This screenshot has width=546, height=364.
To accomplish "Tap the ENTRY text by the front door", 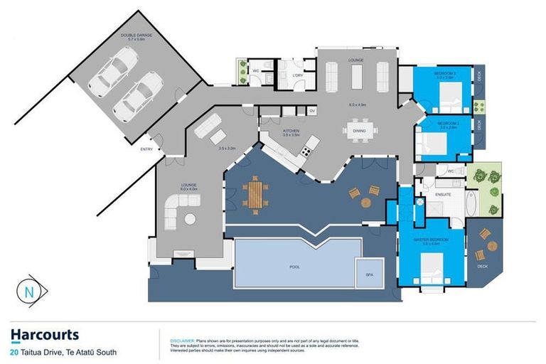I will coord(146,149).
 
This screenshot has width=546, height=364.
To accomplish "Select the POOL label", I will coord(294,267).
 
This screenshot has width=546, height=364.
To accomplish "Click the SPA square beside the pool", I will coord(369,274).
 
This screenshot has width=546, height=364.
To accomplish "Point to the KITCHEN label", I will coord(290,131).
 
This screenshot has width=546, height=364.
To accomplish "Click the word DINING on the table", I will coord(359,130).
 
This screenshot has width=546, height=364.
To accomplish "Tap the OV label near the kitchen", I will coord(312,111).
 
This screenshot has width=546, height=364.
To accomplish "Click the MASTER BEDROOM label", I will coord(431,240).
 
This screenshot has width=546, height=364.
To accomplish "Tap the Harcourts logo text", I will coord(45,335).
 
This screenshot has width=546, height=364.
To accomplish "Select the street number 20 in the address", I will coord(15,352).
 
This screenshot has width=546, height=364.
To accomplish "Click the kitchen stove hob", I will coord(306,150).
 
